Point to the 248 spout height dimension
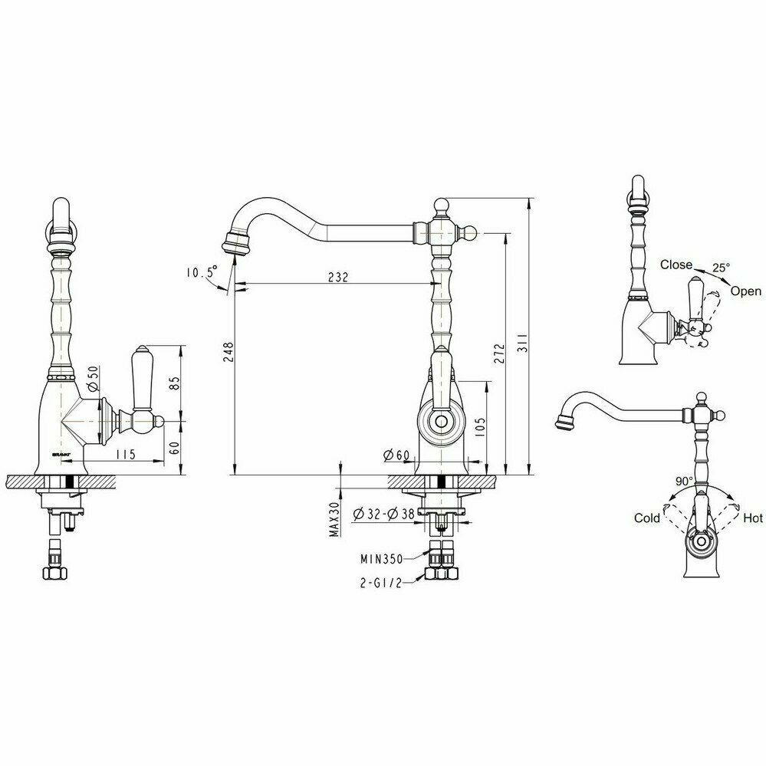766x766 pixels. point(228,352)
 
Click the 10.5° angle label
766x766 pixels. point(200,272)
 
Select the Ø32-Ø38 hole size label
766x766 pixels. point(384,514)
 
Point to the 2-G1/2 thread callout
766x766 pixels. point(380,582)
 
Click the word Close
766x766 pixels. point(676,265)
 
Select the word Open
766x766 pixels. point(745,291)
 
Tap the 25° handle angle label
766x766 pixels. point(720,267)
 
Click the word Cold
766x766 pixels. point(647,518)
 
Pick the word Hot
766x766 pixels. point(753,518)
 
